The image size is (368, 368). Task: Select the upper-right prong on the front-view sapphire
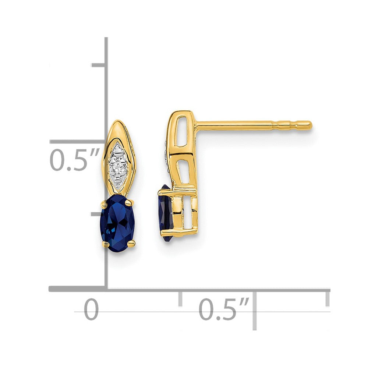tap(130, 201)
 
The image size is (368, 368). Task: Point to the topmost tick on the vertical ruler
tap(99, 65)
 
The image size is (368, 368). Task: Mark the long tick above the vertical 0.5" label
tap(77, 141)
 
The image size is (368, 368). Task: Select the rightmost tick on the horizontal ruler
tap(327, 298)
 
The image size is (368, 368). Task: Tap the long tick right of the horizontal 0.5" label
tap(254, 309)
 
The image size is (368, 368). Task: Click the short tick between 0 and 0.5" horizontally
tap(180, 298)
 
